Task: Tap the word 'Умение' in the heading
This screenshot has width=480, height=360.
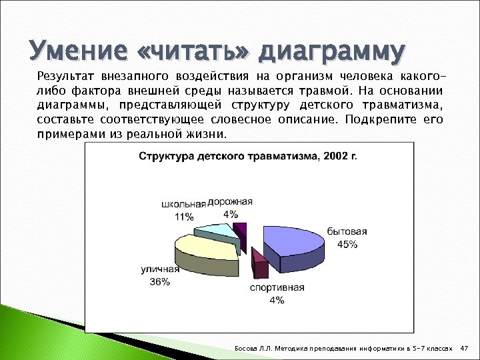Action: pyautogui.click(x=71, y=51)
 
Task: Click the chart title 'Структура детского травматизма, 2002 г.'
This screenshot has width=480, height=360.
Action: pyautogui.click(x=248, y=157)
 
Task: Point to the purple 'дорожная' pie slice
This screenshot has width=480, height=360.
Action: pyautogui.click(x=241, y=231)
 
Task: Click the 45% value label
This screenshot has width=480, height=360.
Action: pyautogui.click(x=347, y=244)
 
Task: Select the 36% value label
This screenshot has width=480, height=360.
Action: pyautogui.click(x=159, y=282)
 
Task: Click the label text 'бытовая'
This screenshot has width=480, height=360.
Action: pyautogui.click(x=347, y=232)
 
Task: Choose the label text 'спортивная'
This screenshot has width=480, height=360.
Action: pyautogui.click(x=277, y=288)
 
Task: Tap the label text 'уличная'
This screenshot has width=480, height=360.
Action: pyautogui.click(x=160, y=270)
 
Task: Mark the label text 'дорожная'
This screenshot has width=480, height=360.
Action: pyautogui.click(x=230, y=201)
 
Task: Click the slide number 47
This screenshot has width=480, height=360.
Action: pyautogui.click(x=465, y=349)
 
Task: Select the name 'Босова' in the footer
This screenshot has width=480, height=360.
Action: pyautogui.click(x=245, y=349)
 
